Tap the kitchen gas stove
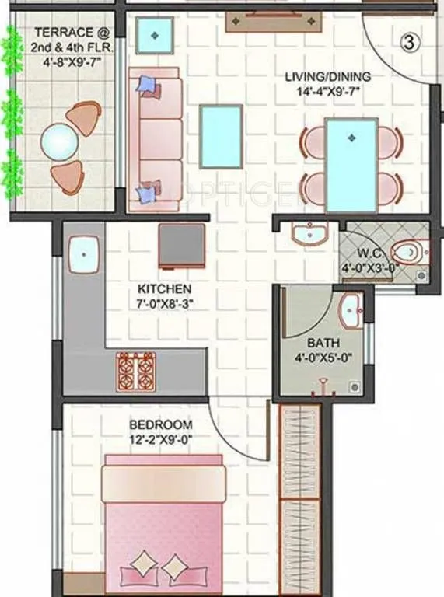135,371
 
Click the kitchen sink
82,253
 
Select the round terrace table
60,145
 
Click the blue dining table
351,165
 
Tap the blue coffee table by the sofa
219,137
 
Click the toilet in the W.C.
407,253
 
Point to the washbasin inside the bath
351,309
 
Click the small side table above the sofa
156,33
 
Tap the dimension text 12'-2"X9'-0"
160,440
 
